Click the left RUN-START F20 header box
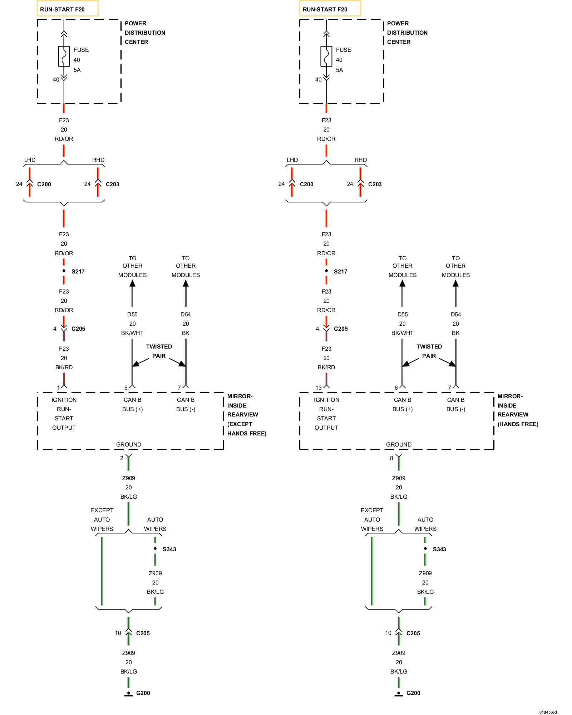click(x=67, y=9)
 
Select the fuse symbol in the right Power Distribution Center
click(x=326, y=56)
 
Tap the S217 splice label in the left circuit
click(x=78, y=271)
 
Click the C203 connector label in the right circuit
click(x=375, y=184)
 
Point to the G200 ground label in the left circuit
click(x=143, y=693)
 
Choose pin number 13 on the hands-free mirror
click(x=318, y=388)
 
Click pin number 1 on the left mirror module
click(x=58, y=388)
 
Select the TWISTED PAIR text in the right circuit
click(x=429, y=351)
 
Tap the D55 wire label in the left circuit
click(x=132, y=314)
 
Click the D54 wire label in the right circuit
click(x=455, y=314)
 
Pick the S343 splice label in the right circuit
click(x=439, y=549)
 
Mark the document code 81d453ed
click(x=548, y=712)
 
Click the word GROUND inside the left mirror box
click(x=128, y=444)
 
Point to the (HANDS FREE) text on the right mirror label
click(x=518, y=424)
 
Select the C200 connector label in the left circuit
click(x=44, y=184)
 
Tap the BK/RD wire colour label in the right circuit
click(x=326, y=367)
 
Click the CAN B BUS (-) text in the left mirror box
click(x=186, y=404)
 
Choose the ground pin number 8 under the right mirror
click(x=391, y=458)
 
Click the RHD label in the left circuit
click(x=98, y=160)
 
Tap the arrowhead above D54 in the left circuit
click(x=186, y=283)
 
